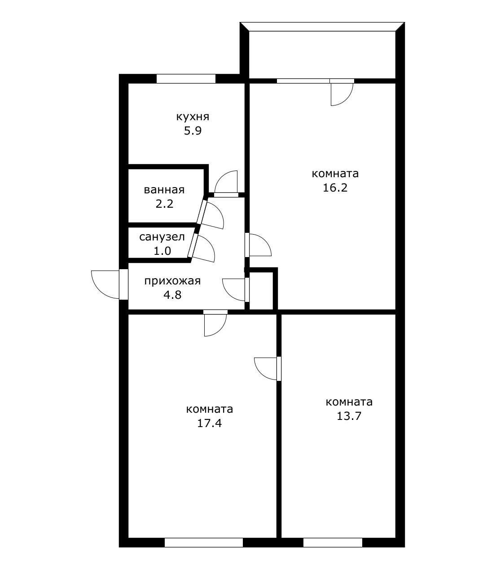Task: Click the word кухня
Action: pyautogui.click(x=193, y=117)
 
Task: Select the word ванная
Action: pyautogui.click(x=164, y=190)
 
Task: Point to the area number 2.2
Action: pyautogui.click(x=164, y=204)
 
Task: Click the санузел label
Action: pyautogui.click(x=162, y=237)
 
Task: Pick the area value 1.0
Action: pyautogui.click(x=162, y=251)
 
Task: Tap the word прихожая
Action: pyautogui.click(x=172, y=281)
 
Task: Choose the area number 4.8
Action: pyautogui.click(x=172, y=295)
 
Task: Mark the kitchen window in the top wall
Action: pyautogui.click(x=186, y=79)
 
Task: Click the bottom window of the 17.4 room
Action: pyautogui.click(x=203, y=542)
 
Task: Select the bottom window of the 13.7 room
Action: pyautogui.click(x=333, y=542)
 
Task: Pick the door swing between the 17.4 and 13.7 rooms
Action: pyautogui.click(x=265, y=368)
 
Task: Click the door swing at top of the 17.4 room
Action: pyautogui.click(x=215, y=324)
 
